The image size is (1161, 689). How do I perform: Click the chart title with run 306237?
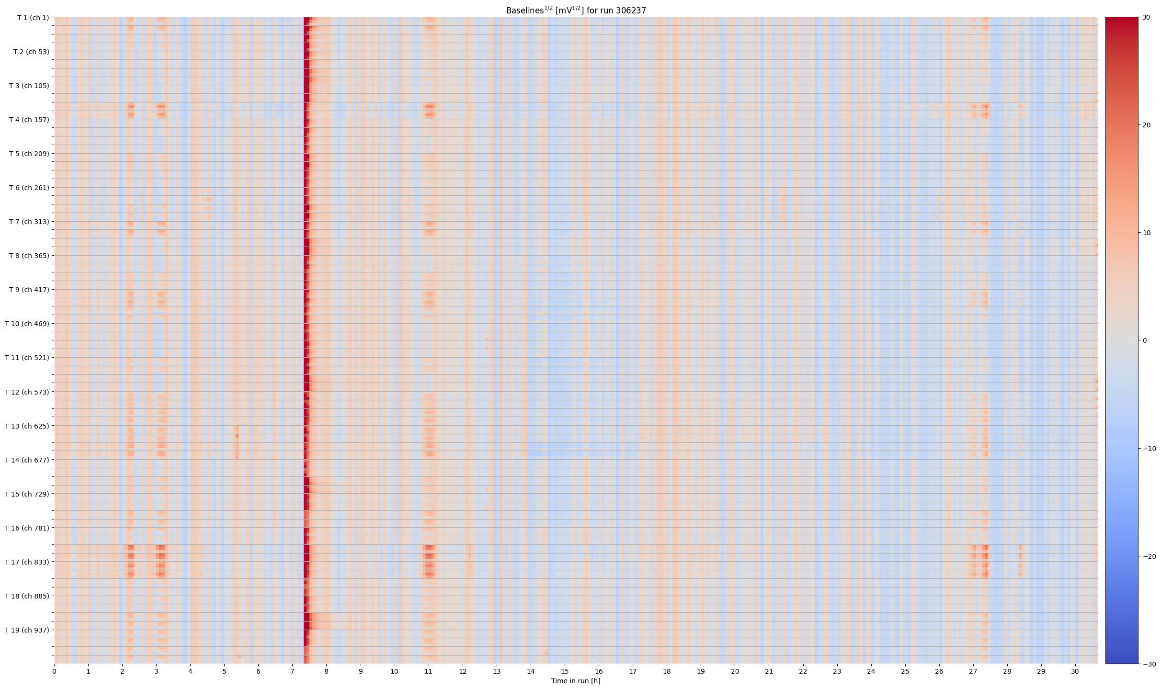click(x=576, y=10)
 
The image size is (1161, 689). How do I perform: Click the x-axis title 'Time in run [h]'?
click(x=576, y=681)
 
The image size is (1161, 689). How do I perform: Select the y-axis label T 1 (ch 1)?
click(x=33, y=18)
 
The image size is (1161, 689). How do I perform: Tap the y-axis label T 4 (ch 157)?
click(x=29, y=120)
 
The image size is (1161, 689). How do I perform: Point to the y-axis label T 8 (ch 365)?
click(x=29, y=256)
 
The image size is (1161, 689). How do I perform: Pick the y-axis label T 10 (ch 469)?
click(x=27, y=324)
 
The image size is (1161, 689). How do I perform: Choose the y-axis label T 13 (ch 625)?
click(x=27, y=426)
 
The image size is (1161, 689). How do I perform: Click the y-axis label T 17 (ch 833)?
click(x=27, y=562)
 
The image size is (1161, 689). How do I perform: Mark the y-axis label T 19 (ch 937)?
click(x=27, y=630)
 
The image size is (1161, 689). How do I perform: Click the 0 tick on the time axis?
click(x=54, y=671)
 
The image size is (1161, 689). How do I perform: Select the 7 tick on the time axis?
click(x=292, y=671)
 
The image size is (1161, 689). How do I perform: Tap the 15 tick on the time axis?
click(x=565, y=671)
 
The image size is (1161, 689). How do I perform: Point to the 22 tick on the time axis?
click(x=803, y=671)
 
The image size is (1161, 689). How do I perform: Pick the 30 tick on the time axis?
click(x=1075, y=671)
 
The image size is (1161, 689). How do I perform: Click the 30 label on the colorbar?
click(x=1146, y=18)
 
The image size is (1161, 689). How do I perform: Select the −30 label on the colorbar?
click(x=1148, y=664)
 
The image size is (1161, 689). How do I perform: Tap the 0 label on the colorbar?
click(x=1145, y=341)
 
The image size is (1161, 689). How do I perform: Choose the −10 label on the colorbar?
click(x=1148, y=449)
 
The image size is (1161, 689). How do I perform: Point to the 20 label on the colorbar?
click(x=1146, y=125)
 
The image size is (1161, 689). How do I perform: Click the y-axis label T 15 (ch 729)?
click(x=27, y=494)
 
